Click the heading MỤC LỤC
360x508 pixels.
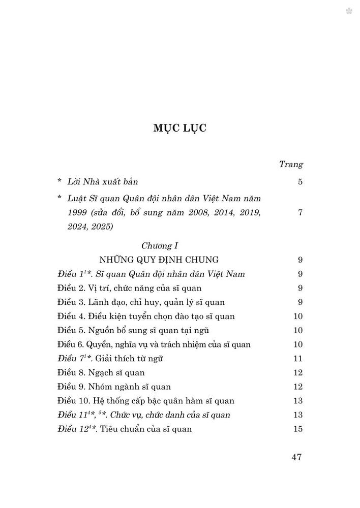179,129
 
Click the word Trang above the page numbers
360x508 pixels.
291,165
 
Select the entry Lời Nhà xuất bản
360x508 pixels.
105,181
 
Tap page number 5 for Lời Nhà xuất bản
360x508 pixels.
300,181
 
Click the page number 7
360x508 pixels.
300,212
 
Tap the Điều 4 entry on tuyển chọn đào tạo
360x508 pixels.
146,316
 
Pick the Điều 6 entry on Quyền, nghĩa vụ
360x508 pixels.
154,344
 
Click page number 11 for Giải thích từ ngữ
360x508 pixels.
298,359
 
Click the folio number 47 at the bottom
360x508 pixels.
297,457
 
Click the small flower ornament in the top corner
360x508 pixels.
349,11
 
